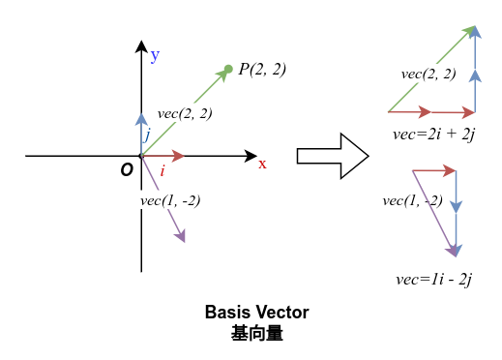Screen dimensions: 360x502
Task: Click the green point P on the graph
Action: (228, 69)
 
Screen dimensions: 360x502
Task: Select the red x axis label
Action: (262, 164)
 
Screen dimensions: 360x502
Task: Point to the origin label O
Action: (127, 170)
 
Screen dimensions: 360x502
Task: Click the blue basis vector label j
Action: (147, 135)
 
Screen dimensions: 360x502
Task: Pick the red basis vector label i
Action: (162, 171)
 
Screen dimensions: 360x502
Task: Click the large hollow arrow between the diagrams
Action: (332, 156)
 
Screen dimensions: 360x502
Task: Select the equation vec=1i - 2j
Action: (433, 279)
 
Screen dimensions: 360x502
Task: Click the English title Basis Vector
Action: (256, 313)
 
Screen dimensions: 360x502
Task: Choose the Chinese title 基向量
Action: (256, 333)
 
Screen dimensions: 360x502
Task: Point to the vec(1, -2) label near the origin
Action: (170, 201)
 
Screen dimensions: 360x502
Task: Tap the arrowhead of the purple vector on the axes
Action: (180, 235)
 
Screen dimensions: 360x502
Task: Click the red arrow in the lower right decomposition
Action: (434, 170)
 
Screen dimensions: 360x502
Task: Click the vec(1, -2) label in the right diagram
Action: (412, 200)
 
